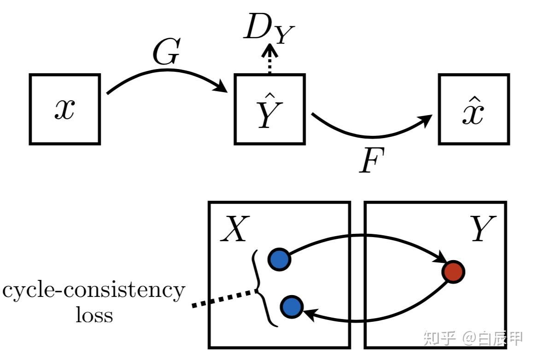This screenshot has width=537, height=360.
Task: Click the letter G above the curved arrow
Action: (166, 52)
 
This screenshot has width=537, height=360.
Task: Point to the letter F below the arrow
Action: (372, 160)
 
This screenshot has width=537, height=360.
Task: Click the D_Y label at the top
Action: (269, 28)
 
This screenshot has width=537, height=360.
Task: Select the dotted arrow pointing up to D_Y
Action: (269, 59)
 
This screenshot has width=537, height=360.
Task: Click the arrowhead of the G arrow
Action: (221, 86)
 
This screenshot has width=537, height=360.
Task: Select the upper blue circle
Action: (280, 259)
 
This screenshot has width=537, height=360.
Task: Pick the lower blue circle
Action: (292, 307)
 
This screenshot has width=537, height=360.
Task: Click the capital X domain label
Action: (235, 229)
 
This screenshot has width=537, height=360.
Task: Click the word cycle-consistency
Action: (94, 291)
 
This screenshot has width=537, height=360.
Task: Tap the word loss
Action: (94, 315)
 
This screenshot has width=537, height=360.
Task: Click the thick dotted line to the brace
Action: (224, 298)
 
